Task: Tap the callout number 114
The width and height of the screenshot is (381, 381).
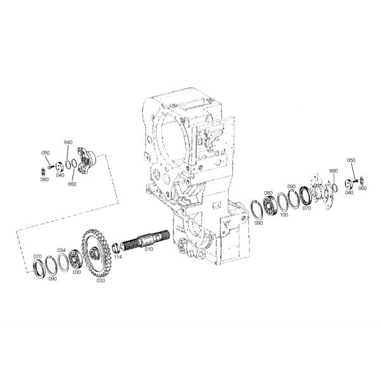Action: pos(118,257)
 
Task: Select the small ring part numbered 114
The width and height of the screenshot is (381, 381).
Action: pos(116,247)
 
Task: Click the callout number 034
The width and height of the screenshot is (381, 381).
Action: pos(61,250)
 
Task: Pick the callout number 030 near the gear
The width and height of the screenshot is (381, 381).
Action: pos(76,272)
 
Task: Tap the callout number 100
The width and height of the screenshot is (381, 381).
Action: pos(284,215)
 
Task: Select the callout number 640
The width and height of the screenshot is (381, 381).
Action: pos(68,142)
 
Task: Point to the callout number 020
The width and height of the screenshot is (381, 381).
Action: pos(100,279)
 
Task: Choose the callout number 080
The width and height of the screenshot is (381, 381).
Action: pos(268,192)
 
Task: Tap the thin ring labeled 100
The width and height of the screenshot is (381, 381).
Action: pos(283,203)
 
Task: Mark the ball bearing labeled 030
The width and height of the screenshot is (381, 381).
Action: pos(74,260)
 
